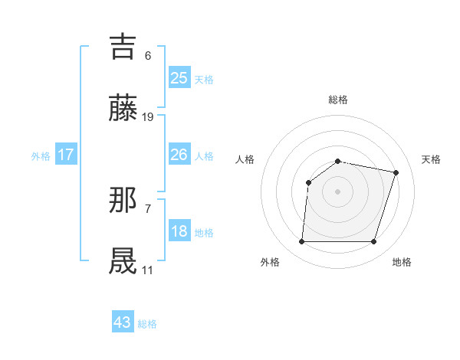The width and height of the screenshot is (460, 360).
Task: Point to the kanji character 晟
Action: pos(123,261)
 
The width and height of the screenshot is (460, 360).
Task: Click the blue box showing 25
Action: pos(179,78)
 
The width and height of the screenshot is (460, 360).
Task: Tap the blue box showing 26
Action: pos(179,155)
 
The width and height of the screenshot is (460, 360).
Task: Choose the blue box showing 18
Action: pos(179,231)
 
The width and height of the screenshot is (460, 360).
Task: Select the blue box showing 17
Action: pos(65,155)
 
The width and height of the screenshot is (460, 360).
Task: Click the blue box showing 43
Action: pos(122,322)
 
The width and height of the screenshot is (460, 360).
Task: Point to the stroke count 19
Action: pos(148,117)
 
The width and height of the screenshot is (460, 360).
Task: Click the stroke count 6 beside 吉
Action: pos(148,55)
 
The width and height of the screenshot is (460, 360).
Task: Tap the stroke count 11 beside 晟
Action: pos(147,270)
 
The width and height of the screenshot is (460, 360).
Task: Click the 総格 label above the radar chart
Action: pos(338,100)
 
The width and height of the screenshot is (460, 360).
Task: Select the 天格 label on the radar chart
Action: pos(431,159)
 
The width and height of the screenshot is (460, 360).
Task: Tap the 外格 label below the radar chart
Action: pos(270,262)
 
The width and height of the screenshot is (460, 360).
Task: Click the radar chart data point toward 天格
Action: pos(396,172)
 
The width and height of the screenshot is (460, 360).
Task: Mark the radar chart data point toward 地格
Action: pos(373,242)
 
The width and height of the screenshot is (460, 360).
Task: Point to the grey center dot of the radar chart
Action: pos(338,191)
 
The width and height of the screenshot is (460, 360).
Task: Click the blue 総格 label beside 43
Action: pos(147,324)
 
